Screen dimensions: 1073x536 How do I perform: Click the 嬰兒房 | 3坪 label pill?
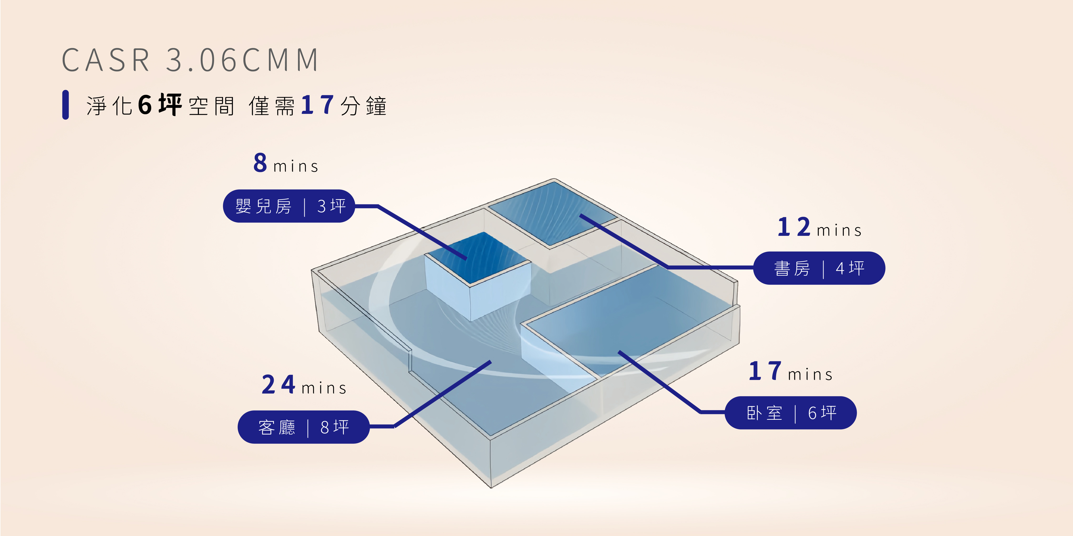289,206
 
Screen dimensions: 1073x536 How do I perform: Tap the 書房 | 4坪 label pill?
819,268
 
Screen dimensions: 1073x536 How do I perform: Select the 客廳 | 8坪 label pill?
303,427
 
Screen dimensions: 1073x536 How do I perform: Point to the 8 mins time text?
286,163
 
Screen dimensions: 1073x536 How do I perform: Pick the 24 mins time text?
304,385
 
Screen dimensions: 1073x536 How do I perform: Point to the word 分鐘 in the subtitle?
363,106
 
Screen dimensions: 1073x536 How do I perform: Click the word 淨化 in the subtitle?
109,106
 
